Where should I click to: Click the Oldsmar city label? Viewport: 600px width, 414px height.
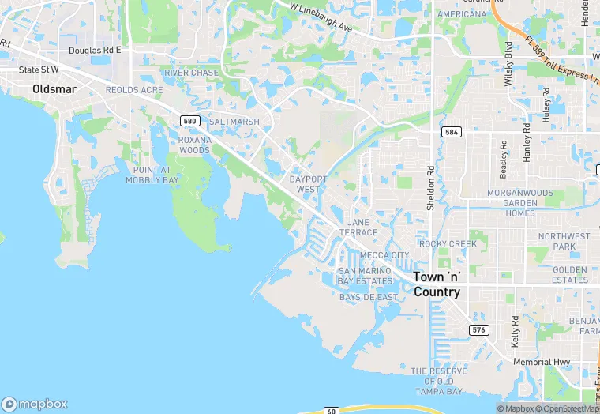click(54, 89)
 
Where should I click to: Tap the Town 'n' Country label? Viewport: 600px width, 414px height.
click(437, 284)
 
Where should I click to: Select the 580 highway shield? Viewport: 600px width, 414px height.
click(188, 120)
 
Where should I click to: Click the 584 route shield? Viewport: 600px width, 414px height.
click(451, 132)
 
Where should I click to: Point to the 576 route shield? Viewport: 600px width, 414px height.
click(478, 329)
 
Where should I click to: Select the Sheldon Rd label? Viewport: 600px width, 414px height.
click(430, 188)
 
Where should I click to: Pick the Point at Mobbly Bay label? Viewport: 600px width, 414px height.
click(152, 175)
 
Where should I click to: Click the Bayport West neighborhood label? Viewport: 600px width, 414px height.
click(308, 184)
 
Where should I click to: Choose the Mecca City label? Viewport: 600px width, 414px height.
click(384, 255)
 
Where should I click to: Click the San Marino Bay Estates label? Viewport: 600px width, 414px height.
click(365, 276)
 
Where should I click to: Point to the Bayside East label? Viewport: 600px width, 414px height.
click(368, 297)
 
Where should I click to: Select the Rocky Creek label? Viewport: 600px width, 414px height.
click(448, 244)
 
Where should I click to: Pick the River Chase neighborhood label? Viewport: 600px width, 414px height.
click(191, 73)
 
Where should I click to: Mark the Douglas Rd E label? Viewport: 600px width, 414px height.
click(95, 50)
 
